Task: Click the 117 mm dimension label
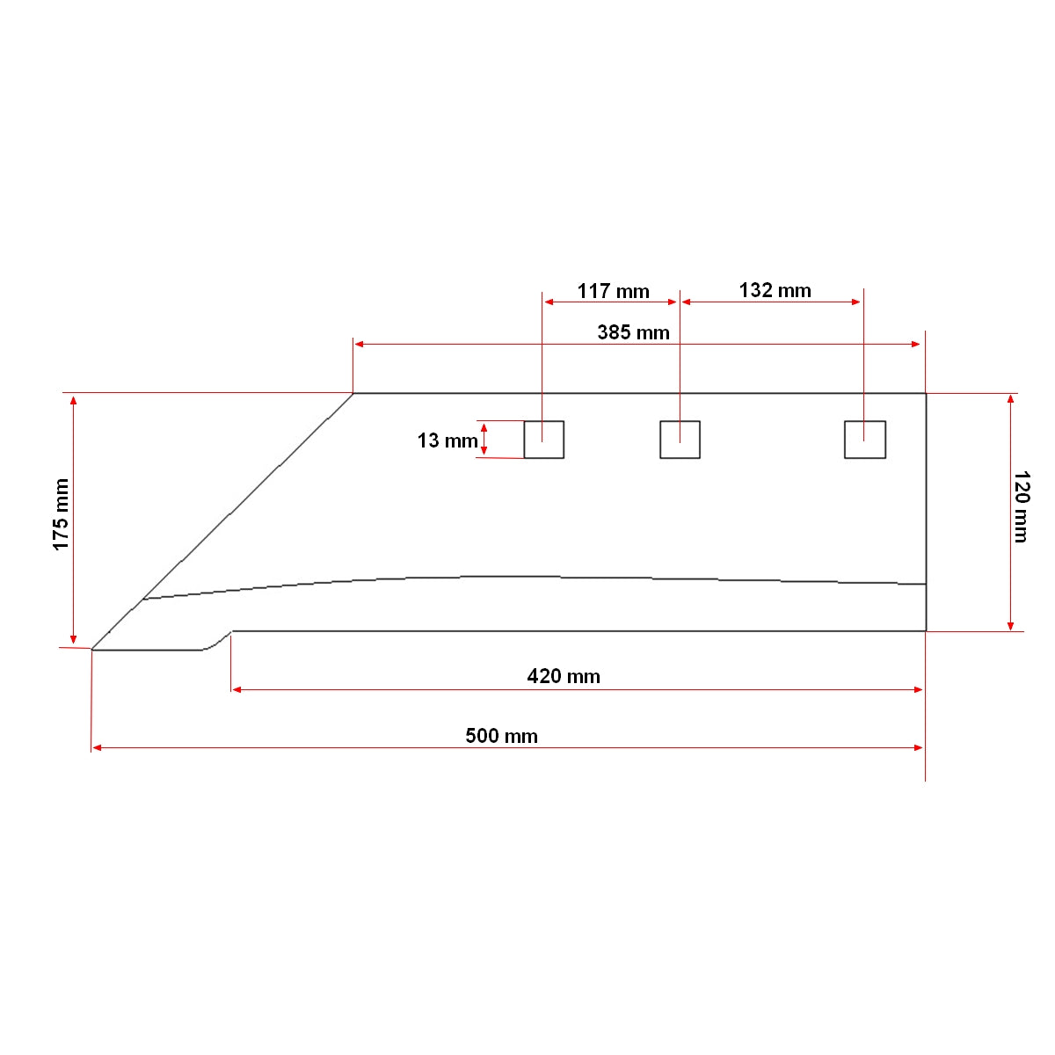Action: tap(613, 291)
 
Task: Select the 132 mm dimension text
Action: tap(775, 290)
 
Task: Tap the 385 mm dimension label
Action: tap(633, 332)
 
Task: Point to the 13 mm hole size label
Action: tap(447, 440)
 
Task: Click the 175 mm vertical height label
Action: tap(61, 515)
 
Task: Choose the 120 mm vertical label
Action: tap(1021, 506)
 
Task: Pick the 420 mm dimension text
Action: tap(564, 676)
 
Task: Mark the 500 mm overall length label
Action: tap(501, 736)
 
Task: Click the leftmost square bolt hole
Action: tap(543, 440)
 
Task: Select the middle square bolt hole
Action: tap(680, 440)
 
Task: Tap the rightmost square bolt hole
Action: tap(864, 440)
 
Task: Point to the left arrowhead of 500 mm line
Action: tap(97, 747)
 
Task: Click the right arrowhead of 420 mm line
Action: tap(919, 689)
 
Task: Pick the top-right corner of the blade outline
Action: tap(925, 394)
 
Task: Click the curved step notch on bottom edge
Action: tap(217, 641)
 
